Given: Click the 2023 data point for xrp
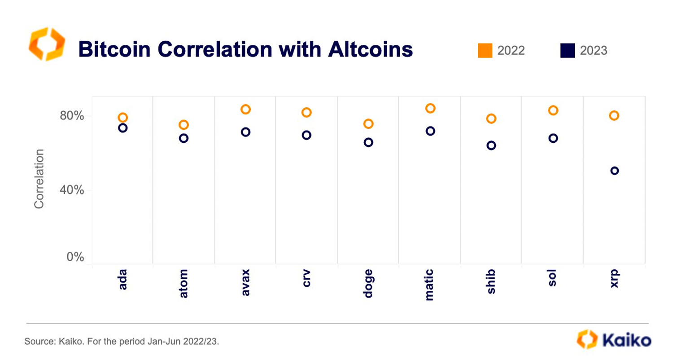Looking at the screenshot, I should click(614, 171).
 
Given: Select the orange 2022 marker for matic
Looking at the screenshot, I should click(430, 108).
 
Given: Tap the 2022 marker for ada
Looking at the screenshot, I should click(123, 118).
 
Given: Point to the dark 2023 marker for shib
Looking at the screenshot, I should click(491, 145).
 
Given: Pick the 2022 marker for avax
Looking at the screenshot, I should click(245, 109).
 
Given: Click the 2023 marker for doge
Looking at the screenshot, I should click(368, 142).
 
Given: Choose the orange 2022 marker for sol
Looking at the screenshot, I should click(553, 110).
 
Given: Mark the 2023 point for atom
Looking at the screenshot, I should click(184, 138).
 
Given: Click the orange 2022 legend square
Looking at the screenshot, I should click(485, 50).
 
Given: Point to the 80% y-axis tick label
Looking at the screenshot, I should click(72, 116).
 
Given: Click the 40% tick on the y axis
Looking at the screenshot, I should click(72, 190).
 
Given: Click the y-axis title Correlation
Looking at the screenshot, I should click(39, 179).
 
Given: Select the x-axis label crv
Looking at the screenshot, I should click(306, 278).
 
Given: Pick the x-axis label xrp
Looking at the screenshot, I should click(614, 278).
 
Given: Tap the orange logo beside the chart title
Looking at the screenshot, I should click(46, 45).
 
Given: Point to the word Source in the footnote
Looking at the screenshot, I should click(39, 342).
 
